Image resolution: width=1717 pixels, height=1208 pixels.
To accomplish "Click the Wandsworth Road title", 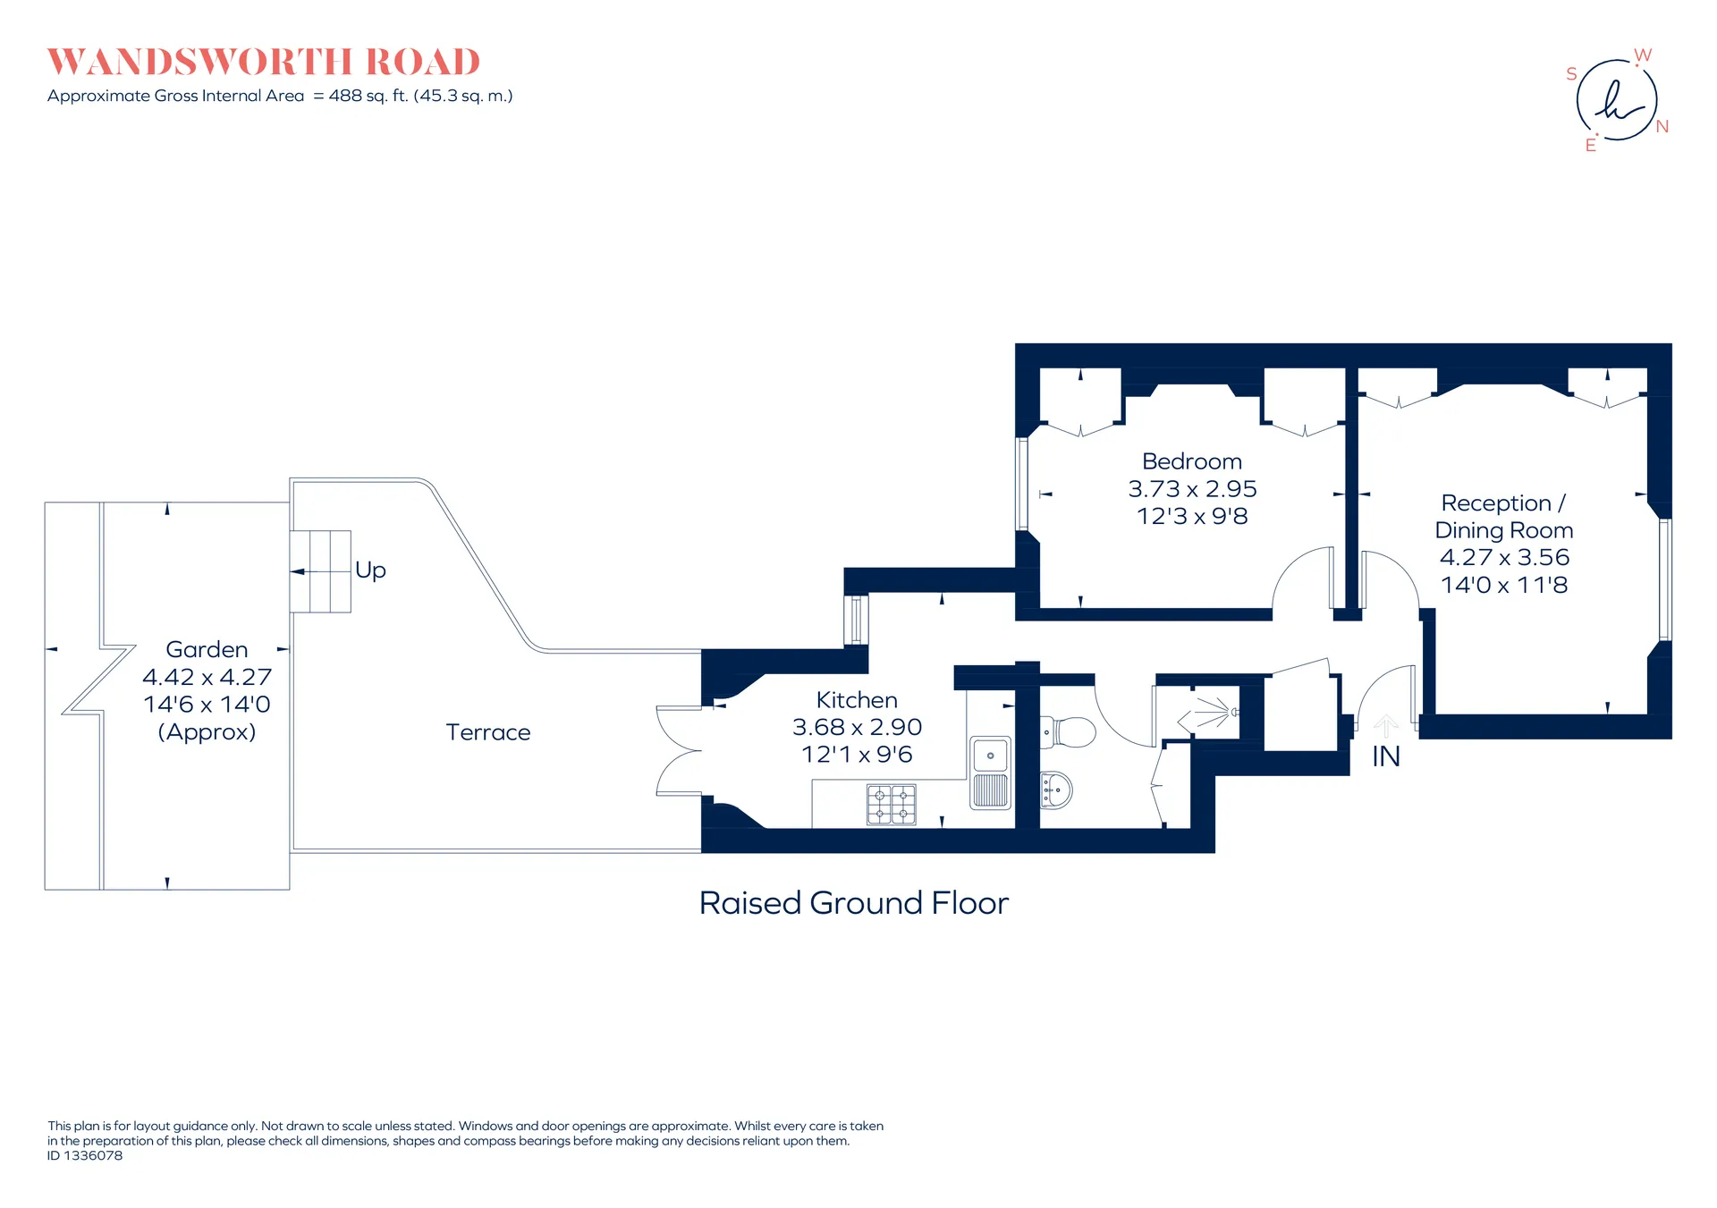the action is [264, 62].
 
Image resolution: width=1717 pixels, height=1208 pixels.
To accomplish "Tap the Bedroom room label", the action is [1192, 461].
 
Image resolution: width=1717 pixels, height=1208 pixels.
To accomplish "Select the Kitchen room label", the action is [857, 700].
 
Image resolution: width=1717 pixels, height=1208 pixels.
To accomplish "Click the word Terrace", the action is [488, 732].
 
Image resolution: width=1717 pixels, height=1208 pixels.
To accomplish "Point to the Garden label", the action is [207, 649].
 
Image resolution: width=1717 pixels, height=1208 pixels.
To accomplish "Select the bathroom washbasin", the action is [1056, 790].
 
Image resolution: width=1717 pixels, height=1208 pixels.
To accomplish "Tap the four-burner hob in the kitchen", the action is [892, 804].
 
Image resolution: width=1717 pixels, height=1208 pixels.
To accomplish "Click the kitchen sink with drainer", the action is [991, 773].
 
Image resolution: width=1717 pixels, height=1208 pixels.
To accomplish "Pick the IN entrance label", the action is [1386, 756].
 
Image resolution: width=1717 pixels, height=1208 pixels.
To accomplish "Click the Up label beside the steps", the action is [370, 570].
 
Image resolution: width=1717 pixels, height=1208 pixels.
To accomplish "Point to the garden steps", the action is [320, 571].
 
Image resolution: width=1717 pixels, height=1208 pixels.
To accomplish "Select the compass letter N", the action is [1662, 126].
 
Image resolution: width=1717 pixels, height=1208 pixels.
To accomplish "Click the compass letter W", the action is [1643, 55].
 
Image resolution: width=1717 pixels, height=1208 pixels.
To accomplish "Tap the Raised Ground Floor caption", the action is [854, 903].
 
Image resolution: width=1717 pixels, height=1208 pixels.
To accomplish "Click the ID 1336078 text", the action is [85, 1155].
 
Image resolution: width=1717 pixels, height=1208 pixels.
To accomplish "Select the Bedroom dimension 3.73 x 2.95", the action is [1192, 489].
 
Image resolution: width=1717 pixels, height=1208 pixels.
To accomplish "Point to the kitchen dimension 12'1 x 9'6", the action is [857, 755].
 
